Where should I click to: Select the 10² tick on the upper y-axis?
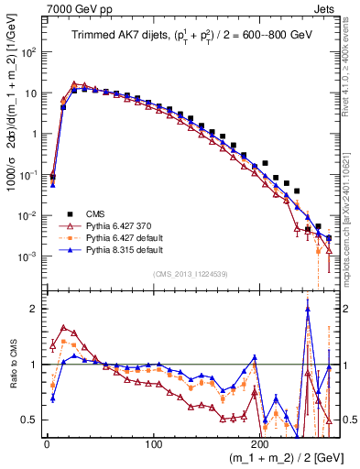(28, 52)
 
